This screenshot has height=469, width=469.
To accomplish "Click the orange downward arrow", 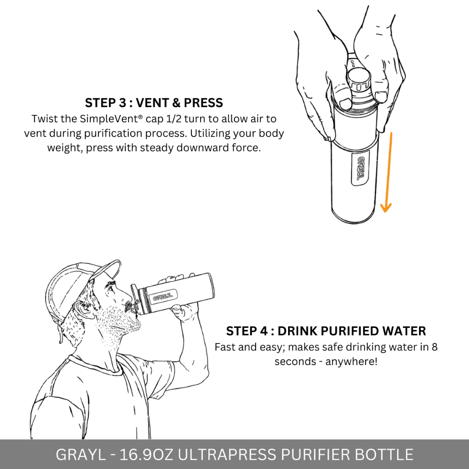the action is click(388, 172).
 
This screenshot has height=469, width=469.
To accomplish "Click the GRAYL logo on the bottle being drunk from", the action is click(163, 297).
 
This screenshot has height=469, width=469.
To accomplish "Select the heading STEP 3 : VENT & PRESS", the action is click(154, 103).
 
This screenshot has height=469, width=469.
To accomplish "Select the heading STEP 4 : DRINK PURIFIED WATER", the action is click(326, 331).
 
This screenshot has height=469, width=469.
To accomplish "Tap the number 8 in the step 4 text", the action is click(435, 347).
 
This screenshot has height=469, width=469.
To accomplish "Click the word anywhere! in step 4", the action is click(351, 361).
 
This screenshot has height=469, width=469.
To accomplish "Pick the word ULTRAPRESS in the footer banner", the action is click(227, 454).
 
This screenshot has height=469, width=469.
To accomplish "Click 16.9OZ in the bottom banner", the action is click(147, 454).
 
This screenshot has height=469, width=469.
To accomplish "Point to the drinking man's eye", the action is click(111, 289).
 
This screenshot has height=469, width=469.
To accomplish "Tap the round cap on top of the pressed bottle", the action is click(358, 78).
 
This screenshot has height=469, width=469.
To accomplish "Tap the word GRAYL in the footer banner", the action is click(80, 454).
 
